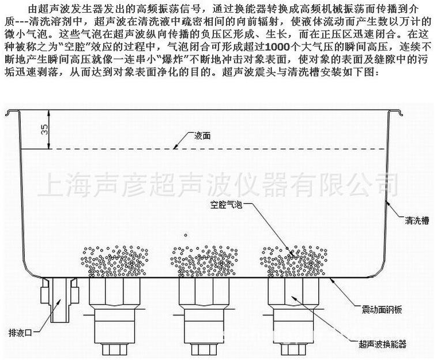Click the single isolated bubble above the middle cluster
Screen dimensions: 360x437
pyautogui.click(x=185, y=234)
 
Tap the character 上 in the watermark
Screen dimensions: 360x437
pyautogui.click(x=51, y=186)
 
